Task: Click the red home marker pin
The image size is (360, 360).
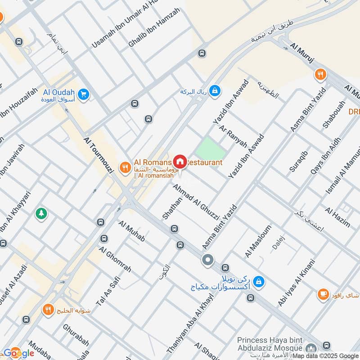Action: [180, 161]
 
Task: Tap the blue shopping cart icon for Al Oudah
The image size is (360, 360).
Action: [83, 94]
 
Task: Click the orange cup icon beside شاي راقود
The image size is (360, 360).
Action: [323, 294]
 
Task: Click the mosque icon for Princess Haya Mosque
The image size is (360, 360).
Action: [311, 349]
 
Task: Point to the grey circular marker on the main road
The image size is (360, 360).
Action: [207, 260]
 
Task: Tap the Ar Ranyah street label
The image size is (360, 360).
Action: [233, 136]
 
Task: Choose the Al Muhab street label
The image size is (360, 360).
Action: [131, 231]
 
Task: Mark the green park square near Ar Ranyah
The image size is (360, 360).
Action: [210, 149]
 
